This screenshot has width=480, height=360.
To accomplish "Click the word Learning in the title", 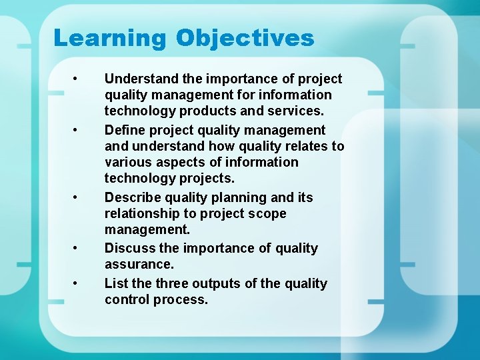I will pos(109,38).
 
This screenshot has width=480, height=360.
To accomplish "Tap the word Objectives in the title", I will pos(245,38).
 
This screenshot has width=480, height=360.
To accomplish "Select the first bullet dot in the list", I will pos(78,79).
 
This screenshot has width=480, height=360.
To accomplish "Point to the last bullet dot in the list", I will pos(78,283).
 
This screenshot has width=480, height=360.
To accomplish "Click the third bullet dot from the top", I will pos(78,197).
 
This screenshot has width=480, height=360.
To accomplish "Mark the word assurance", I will pos(139,265).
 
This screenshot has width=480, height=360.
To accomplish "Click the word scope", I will pos(268,214).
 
